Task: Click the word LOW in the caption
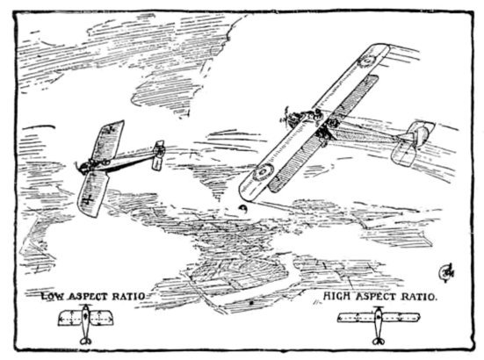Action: tap(53, 297)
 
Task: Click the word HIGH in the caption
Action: tap(336, 297)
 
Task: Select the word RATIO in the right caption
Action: tap(419, 297)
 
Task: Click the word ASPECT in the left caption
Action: tap(88, 297)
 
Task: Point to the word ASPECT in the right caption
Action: tap(376, 297)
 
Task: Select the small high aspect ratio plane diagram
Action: tap(379, 325)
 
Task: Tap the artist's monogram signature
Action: tap(446, 272)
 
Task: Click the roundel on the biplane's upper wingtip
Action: tap(367, 61)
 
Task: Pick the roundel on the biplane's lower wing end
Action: tap(263, 172)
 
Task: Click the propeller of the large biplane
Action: tap(287, 119)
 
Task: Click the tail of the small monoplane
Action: tap(159, 155)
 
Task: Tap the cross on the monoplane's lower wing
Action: tap(87, 199)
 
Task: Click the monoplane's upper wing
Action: tap(108, 140)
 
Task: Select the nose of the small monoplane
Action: tap(81, 167)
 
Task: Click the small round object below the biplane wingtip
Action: tap(243, 208)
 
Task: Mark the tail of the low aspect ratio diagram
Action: tap(85, 341)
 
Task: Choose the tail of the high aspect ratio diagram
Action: tap(378, 342)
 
